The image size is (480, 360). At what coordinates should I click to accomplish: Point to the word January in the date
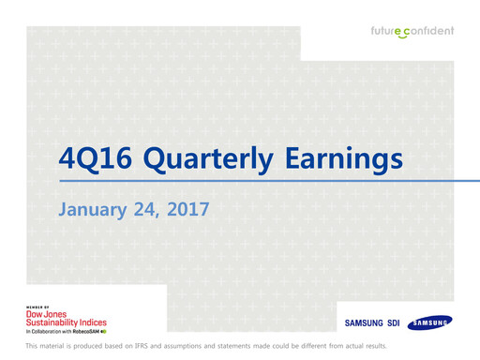click(x=93, y=209)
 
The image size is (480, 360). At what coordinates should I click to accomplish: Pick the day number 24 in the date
click(x=146, y=209)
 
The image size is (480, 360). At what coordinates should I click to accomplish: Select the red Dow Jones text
click(x=48, y=314)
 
